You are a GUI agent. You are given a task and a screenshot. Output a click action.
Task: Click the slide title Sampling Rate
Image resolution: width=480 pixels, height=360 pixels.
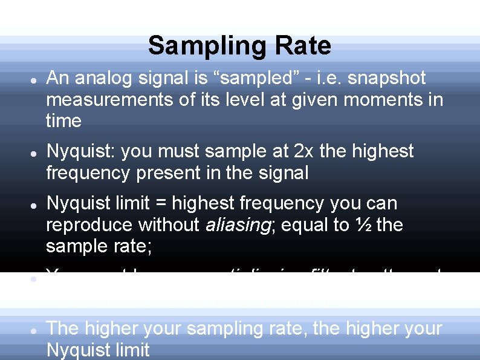coord(239,45)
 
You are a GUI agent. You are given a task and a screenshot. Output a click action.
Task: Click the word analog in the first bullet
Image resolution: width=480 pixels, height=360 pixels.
coord(103,79)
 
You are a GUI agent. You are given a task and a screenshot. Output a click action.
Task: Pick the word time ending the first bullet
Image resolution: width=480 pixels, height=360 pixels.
coord(63,121)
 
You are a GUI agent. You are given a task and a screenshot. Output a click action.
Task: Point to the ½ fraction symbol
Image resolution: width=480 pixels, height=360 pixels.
coord(364,225)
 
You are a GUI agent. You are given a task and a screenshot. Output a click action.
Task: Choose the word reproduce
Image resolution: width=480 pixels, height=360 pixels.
coord(89,225)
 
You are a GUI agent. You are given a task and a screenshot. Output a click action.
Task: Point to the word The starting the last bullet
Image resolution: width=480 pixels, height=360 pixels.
coord(63,329)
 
